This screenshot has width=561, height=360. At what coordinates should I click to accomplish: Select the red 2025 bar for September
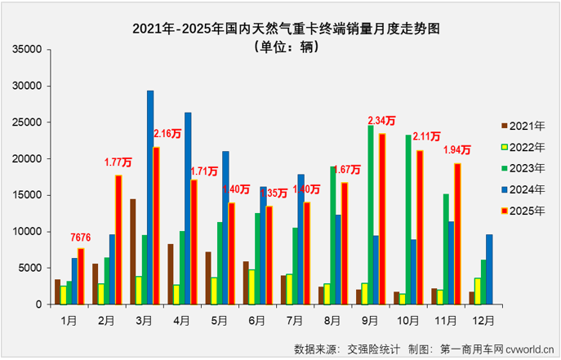tap(382, 219)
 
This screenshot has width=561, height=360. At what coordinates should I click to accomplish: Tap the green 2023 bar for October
tap(408, 220)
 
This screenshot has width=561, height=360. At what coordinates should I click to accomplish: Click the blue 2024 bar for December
tap(489, 269)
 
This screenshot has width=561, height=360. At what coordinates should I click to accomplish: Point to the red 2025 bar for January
tap(81, 276)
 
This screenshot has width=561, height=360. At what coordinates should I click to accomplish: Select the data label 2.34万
tap(382, 122)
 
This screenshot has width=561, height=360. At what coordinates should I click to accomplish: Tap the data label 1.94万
tap(457, 149)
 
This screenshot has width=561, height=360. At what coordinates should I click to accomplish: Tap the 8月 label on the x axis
tap(335, 319)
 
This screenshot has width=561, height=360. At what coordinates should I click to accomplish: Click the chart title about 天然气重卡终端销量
tap(281, 28)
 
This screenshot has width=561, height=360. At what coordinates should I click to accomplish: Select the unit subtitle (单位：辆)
tap(281, 47)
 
